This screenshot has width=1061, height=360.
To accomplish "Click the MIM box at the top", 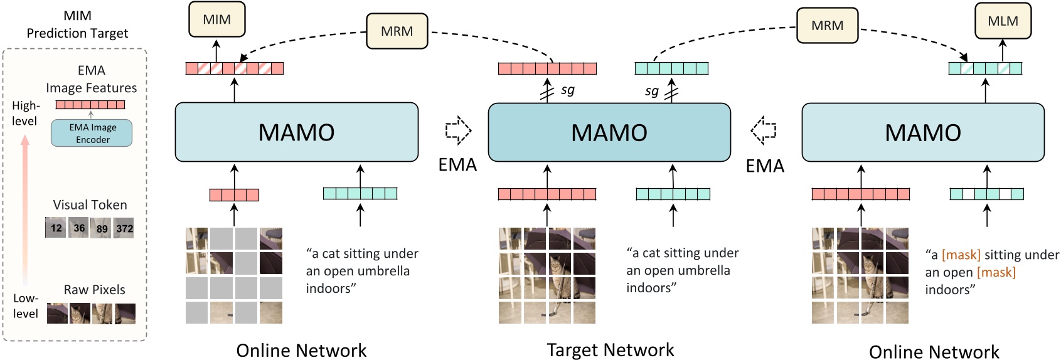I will (x=216, y=19).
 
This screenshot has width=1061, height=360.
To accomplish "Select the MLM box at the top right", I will (x=1002, y=21).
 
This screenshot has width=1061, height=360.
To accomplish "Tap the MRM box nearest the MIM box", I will (x=397, y=31).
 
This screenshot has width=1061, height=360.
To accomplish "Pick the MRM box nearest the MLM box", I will (x=826, y=26).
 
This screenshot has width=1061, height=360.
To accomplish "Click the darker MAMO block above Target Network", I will (x=609, y=132).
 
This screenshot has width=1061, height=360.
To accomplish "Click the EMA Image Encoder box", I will (x=92, y=133).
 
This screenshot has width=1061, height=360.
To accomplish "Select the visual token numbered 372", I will (x=124, y=228).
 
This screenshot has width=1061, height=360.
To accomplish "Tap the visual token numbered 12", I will (x=56, y=228).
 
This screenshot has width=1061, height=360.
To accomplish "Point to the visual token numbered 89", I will (x=101, y=228).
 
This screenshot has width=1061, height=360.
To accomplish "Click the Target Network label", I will (x=610, y=349).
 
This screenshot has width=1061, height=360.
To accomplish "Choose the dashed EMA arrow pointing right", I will (x=458, y=130).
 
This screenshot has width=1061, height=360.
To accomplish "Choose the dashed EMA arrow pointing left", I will (x=764, y=130).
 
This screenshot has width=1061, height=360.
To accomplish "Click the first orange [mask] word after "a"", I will (x=961, y=255).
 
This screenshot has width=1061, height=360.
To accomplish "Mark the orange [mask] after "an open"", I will (x=996, y=272).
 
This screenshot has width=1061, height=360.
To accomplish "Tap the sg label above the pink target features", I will (x=567, y=90).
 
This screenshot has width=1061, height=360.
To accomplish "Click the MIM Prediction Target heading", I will (x=77, y=24).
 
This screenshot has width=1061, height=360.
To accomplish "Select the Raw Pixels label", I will (x=94, y=290).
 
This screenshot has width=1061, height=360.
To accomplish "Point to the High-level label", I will (x=25, y=113).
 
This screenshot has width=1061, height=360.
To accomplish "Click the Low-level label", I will (x=25, y=305).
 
